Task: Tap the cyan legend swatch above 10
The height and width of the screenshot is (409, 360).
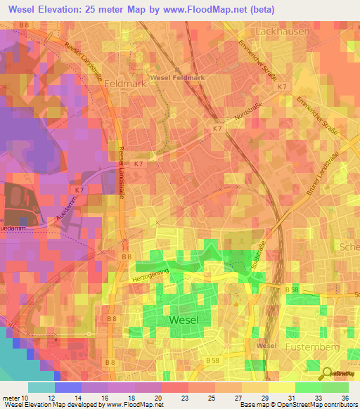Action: coord(41,387)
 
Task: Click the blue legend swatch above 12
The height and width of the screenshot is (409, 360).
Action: coord(68,387)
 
